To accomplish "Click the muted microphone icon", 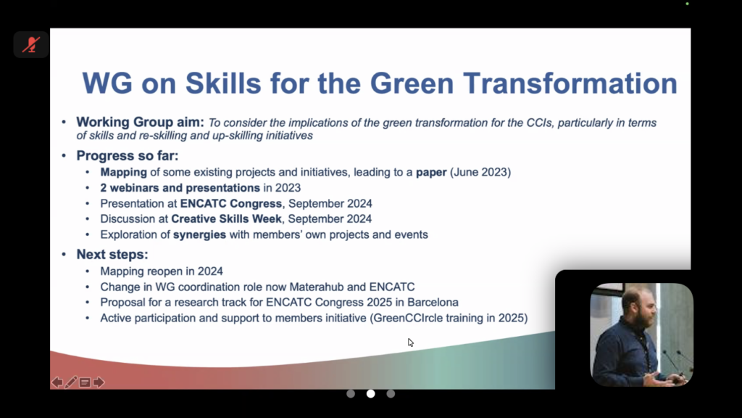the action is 31,44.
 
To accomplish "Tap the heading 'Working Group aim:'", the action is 140,122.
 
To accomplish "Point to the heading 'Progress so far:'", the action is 128,155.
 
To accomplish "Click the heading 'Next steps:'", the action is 112,255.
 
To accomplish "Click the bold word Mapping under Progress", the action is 123,173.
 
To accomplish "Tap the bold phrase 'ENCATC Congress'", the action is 231,204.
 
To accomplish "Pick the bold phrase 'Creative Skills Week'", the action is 226,219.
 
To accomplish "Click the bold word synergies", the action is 199,235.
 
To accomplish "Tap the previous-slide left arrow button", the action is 57,382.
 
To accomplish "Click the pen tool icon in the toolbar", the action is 71,382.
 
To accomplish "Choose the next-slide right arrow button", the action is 99,382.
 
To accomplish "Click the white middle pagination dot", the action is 370,394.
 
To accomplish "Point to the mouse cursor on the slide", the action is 410,343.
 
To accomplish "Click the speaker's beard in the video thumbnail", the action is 641,318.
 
